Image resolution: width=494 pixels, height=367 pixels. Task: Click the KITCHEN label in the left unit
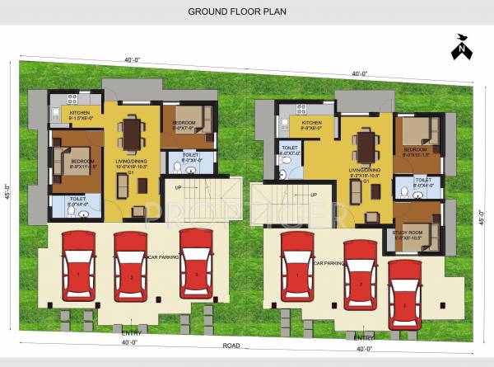[x=79, y=113]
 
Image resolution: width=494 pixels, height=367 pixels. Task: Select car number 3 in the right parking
[x=404, y=294]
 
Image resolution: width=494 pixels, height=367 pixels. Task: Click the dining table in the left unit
[x=130, y=134]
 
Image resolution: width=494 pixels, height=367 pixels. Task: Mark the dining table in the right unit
[x=365, y=146]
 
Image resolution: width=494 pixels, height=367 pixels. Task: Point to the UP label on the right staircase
[x=314, y=195]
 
